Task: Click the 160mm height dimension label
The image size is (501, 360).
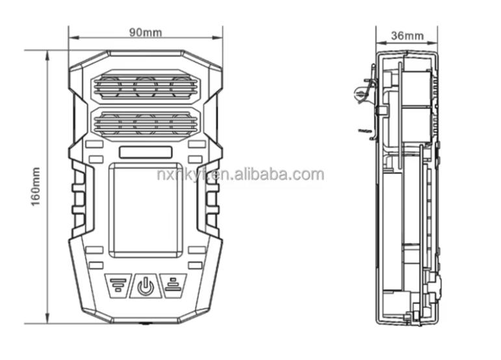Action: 36,188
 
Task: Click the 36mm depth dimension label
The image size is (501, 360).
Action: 408,35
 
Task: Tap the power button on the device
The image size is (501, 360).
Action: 146,285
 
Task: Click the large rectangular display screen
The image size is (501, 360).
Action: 145,209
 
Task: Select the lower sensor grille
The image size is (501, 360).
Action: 146,123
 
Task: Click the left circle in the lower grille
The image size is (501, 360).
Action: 109,123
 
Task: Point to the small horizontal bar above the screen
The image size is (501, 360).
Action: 145,153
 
